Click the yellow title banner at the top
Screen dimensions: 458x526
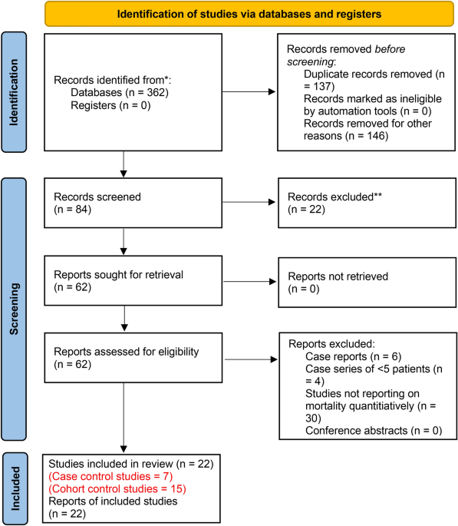tap(249, 14)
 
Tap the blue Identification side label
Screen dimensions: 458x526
tap(14, 92)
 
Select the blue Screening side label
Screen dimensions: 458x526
tap(14, 309)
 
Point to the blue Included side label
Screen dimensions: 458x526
tap(15, 488)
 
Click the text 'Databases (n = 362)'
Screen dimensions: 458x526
tap(120, 93)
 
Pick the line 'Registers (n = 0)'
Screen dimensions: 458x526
tap(110, 105)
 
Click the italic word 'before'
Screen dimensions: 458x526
tap(390, 49)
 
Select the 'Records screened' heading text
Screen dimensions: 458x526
tap(97, 197)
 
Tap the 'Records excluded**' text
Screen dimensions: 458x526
tap(334, 197)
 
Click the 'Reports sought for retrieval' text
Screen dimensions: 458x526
tap(119, 274)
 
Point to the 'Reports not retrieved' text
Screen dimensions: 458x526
tap(338, 276)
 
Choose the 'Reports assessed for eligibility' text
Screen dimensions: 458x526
tap(127, 352)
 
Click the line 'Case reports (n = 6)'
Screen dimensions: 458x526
tap(354, 356)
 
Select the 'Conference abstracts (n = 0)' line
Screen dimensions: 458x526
tap(374, 430)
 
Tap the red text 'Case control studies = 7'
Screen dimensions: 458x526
tap(110, 476)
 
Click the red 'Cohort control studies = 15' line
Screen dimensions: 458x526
tap(117, 489)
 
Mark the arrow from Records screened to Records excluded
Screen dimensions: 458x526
tap(249, 202)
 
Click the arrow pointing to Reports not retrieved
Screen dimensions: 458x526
tap(249, 282)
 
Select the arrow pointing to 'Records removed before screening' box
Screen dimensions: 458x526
tap(249, 91)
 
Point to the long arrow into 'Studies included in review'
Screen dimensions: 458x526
tap(124, 418)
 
